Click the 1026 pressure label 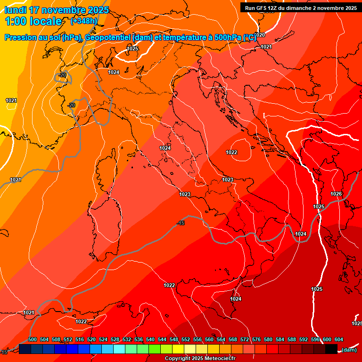336,194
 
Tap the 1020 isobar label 260,35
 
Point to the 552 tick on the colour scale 186,339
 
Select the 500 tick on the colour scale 33,339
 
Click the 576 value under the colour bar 256,339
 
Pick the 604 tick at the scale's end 339,339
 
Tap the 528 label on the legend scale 115,339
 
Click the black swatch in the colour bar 331,349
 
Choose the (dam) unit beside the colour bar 349,349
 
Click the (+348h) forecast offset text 84,21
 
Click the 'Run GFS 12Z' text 262,8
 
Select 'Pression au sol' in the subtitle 31,37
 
